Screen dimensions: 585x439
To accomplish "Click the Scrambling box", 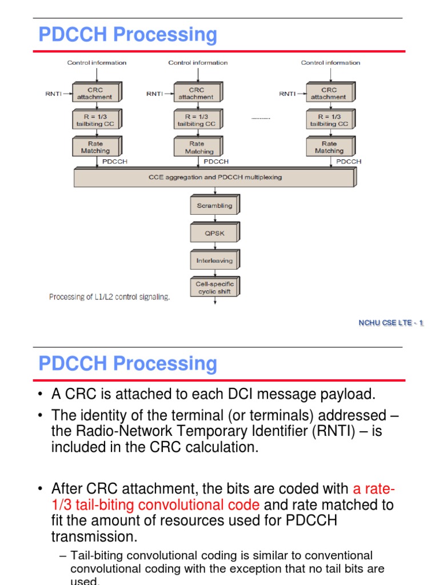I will click(x=214, y=206).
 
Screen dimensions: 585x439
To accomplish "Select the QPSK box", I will click(x=214, y=233).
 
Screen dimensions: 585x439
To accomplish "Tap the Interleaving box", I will click(x=214, y=261).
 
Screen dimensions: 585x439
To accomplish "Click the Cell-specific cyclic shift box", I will click(x=214, y=287).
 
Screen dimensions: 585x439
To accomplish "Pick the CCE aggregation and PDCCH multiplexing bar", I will click(x=215, y=177).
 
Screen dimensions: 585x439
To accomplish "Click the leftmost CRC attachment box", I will click(x=95, y=93).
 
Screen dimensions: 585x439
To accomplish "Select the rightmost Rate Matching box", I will click(x=329, y=147).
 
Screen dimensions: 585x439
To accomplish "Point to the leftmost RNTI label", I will click(x=54, y=94).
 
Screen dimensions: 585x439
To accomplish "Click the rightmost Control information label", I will click(x=330, y=63).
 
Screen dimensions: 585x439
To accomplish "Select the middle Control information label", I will click(x=198, y=63).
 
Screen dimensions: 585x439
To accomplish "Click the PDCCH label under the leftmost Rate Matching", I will click(x=114, y=162).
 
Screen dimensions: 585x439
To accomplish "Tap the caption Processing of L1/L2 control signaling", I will click(x=109, y=297).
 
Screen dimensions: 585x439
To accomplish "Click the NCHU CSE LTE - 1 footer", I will click(x=390, y=323).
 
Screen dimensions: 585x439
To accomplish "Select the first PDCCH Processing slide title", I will click(x=127, y=35).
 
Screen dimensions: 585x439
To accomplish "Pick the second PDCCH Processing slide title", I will click(x=127, y=364).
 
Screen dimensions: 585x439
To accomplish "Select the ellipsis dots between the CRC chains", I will click(x=261, y=118).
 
